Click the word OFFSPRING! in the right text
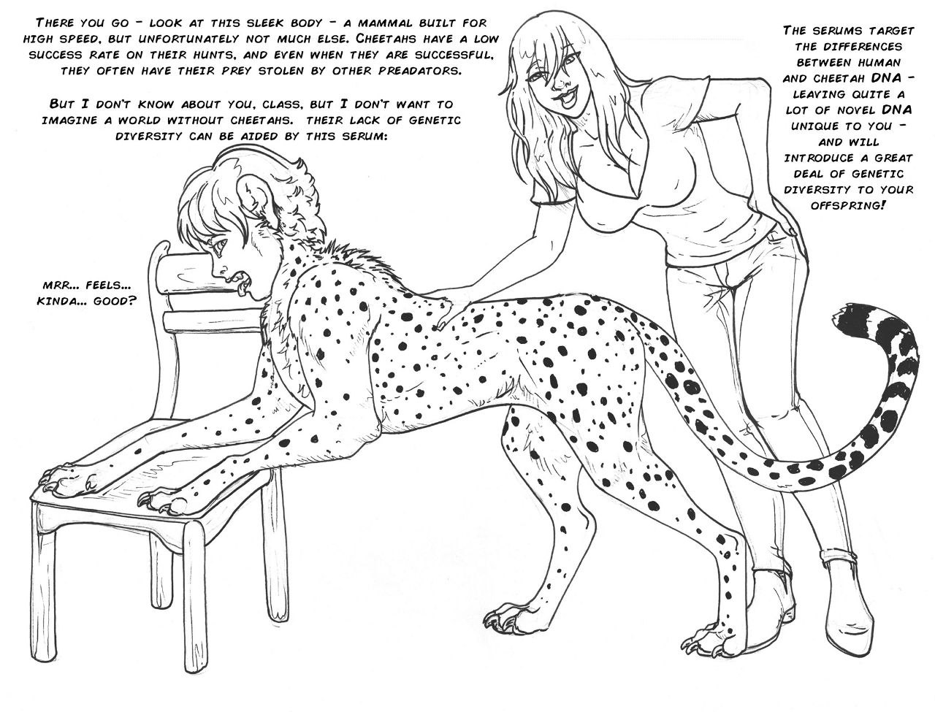847,205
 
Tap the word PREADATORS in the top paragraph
419,71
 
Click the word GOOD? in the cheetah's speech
115,301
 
